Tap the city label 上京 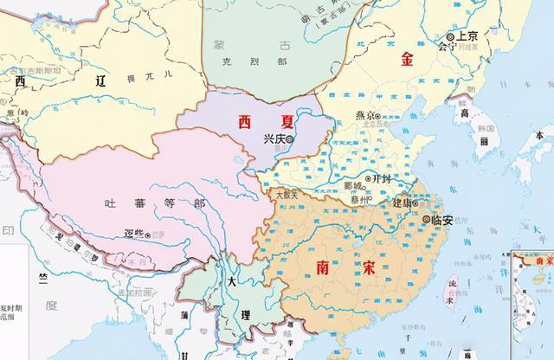[x=467, y=36]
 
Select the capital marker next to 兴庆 [x=290, y=138]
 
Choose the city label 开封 [x=381, y=177]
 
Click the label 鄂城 [x=352, y=186]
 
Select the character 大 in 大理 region [x=230, y=283]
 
